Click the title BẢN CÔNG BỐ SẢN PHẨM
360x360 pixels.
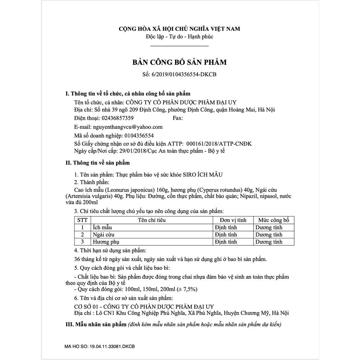[179, 63]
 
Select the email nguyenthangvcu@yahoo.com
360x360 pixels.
[128, 127]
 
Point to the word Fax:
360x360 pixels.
[178, 118]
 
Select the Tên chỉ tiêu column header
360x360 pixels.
[152, 220]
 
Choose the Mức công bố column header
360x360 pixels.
[274, 220]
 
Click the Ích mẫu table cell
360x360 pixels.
[102, 227]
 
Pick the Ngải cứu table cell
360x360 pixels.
[103, 234]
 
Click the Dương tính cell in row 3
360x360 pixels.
[269, 242]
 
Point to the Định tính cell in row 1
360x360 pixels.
[226, 227]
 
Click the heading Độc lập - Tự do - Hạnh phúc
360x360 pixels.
[179, 37]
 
